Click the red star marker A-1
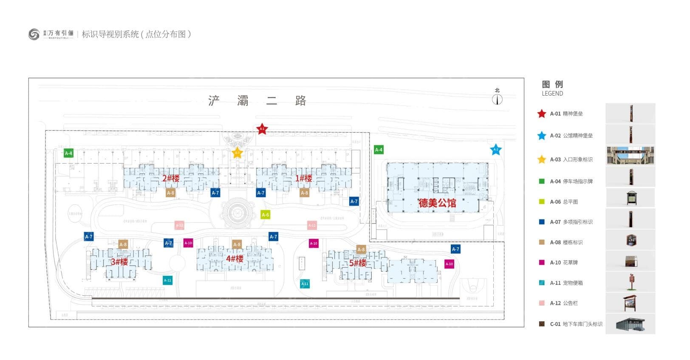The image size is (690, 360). click(262, 129)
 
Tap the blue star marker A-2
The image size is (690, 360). click(495, 150)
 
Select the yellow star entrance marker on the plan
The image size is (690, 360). click(238, 153)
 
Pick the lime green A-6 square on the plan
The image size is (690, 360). click(265, 215)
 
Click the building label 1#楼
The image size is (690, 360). click(304, 179)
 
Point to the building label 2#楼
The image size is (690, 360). click(171, 179)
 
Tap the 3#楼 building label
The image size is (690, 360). click(119, 262)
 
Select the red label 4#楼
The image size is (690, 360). click(235, 259)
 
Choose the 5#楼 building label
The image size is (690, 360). click(358, 263)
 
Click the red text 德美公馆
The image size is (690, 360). click(437, 203)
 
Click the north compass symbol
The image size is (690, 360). click(497, 99)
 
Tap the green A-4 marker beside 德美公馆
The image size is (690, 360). click(379, 150)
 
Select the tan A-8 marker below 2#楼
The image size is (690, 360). click(170, 193)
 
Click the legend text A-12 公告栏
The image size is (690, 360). click(564, 303)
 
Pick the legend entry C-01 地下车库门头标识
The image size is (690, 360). click(576, 324)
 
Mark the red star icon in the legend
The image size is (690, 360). click(542, 113)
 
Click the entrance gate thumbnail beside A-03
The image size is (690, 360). click(630, 156)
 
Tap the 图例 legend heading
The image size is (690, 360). click(552, 84)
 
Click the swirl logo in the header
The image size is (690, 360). click(34, 34)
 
